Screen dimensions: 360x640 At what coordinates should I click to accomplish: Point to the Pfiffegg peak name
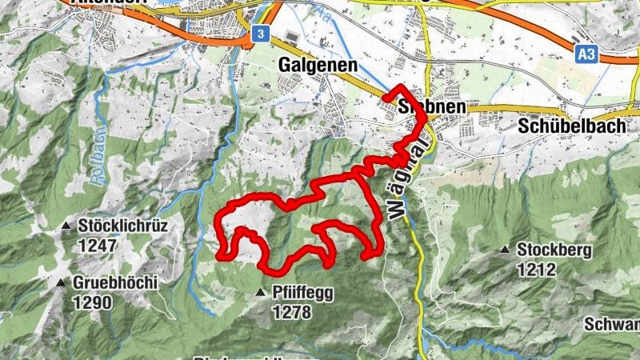[x=302, y=294]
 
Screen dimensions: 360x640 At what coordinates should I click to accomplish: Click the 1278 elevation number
[x=291, y=313]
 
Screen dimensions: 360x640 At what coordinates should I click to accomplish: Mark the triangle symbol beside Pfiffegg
[x=260, y=294]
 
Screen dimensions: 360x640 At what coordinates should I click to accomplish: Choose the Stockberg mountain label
[x=554, y=250]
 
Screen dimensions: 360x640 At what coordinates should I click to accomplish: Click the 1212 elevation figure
[x=536, y=270]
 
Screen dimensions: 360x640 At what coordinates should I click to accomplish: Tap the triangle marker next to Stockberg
[x=505, y=250]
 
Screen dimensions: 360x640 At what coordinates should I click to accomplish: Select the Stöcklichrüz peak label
[x=123, y=226]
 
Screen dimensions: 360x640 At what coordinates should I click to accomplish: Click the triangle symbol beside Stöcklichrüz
[x=67, y=226]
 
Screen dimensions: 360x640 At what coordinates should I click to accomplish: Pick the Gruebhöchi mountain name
[x=116, y=283]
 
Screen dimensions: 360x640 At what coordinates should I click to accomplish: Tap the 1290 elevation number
[x=93, y=302]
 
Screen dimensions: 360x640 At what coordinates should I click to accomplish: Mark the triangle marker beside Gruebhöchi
[x=62, y=282]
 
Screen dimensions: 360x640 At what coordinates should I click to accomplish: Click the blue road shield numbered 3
[x=259, y=34]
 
